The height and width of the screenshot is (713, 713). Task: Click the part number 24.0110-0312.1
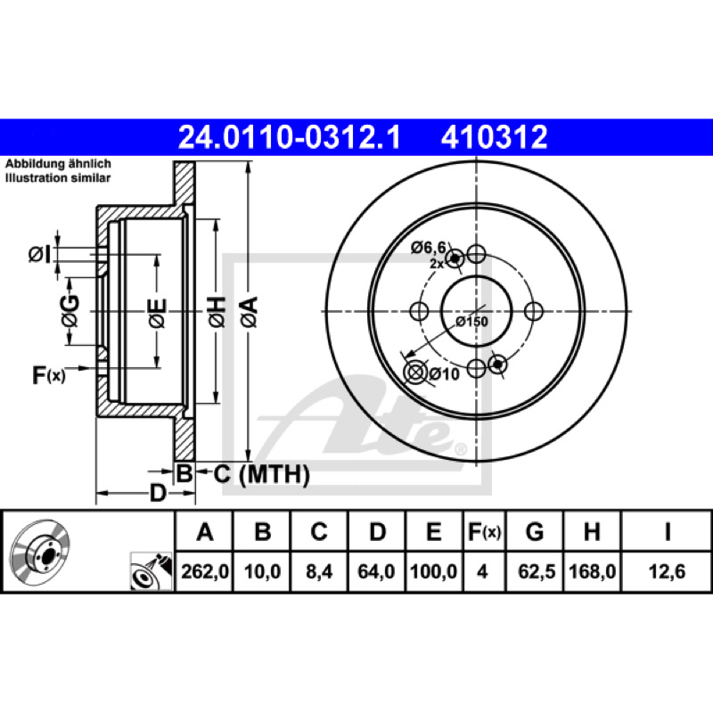coord(291,136)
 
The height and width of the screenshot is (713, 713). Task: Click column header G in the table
coord(534,533)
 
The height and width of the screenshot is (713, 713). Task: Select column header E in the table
coord(434,533)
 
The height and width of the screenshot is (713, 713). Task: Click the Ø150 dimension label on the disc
coord(471,322)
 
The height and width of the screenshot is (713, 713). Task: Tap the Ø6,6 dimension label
coord(428,248)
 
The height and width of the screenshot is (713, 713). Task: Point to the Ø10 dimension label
coord(443,374)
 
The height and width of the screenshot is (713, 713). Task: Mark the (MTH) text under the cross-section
coord(274,475)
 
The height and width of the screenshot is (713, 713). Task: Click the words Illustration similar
coord(59,178)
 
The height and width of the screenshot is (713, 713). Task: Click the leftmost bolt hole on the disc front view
coord(419,311)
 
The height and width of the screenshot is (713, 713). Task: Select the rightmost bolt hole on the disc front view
coord(534,311)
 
